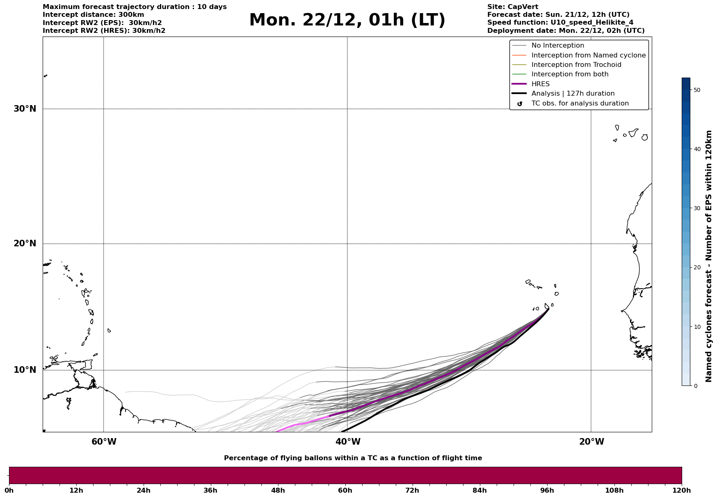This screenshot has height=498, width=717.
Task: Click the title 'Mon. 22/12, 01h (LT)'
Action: [347, 20]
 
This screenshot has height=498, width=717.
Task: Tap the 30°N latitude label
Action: [25, 109]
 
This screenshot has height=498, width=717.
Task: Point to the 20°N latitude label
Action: [25, 243]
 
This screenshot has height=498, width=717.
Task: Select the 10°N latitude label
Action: [25, 370]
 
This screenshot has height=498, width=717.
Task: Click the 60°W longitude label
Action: [104, 442]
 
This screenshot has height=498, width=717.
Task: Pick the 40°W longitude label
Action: [348, 442]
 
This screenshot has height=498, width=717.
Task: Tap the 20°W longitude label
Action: [591, 442]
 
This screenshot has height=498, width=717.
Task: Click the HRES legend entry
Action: [540, 84]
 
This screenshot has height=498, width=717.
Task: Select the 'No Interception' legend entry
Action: [557, 46]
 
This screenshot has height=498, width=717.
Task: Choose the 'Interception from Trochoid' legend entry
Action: [576, 65]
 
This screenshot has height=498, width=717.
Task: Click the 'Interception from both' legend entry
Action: [570, 74]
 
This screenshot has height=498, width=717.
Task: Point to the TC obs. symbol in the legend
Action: [519, 104]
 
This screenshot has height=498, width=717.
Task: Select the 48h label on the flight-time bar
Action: [278, 491]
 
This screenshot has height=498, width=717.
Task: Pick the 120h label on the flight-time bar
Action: [681, 491]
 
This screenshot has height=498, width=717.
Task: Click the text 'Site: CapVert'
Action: [512, 7]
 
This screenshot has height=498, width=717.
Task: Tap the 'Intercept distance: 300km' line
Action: [93, 15]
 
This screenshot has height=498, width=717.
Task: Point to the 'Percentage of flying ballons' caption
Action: [353, 458]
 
